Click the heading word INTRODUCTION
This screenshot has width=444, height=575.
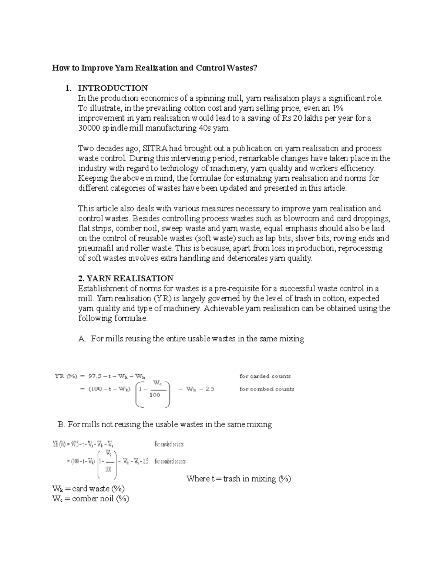112,88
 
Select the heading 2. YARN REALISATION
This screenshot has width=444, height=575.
126,278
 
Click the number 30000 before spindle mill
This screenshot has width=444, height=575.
89,128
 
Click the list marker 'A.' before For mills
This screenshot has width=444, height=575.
82,339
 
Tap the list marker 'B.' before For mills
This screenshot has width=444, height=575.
61,425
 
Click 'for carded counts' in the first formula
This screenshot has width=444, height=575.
265,376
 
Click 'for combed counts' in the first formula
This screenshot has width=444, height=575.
266,389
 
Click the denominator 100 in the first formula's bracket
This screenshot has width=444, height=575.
155,395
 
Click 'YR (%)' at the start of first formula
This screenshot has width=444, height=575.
65,377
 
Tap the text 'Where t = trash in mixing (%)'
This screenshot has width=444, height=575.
239,479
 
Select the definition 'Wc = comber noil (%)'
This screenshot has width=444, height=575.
91,499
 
